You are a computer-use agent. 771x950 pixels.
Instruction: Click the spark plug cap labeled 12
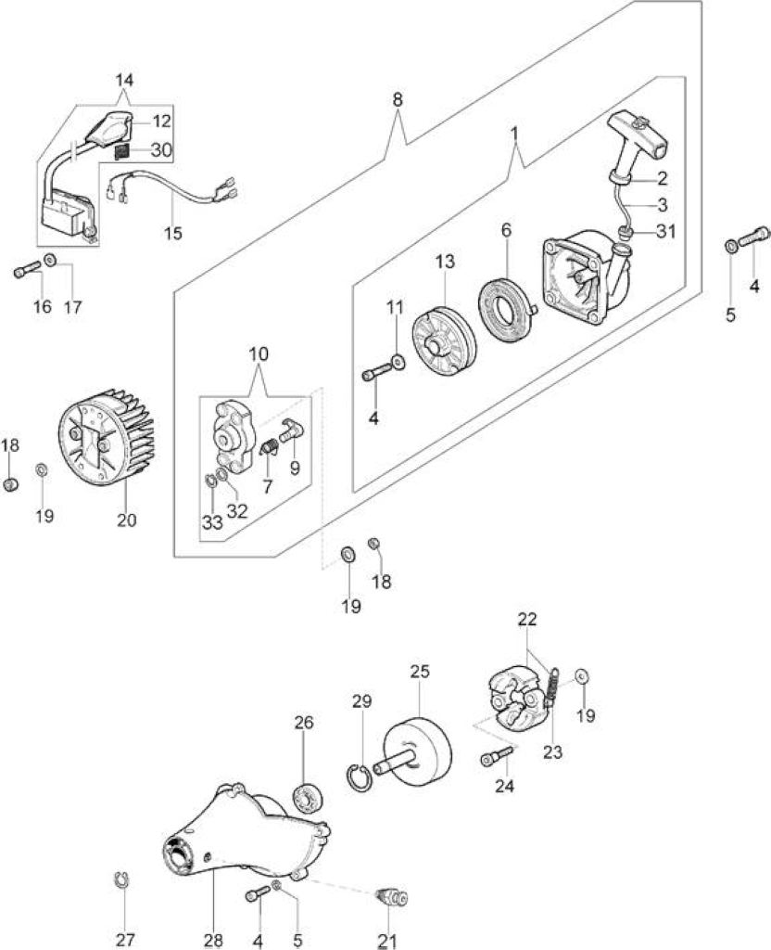pos(111,127)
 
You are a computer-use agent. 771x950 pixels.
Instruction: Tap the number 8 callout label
pos(397,99)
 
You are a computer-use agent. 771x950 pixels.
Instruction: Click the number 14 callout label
pos(124,80)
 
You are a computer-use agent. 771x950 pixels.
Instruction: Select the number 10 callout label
pos(259,353)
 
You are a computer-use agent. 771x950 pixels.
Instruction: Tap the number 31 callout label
pos(666,231)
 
